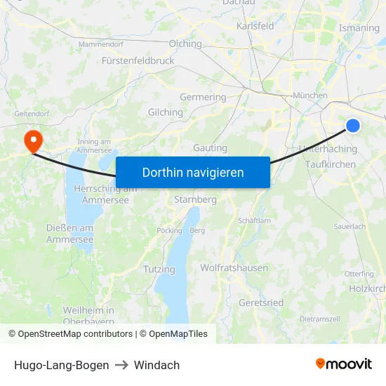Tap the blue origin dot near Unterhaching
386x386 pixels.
coord(352,126)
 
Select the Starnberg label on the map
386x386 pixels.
coord(195,199)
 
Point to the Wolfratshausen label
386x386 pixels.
coord(234,268)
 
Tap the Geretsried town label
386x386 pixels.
coord(261,302)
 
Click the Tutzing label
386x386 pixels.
coord(159,269)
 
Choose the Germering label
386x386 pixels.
coord(203,98)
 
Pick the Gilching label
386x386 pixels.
coord(166,112)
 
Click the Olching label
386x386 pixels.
coord(185,44)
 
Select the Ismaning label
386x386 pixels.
coord(359,28)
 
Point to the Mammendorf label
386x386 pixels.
coord(100,44)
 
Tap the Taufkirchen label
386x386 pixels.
coord(331,164)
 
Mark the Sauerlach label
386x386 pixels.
coord(350,227)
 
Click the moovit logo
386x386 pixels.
coord(344,364)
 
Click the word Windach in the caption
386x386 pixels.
coord(157,365)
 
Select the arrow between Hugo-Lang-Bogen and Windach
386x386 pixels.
coord(121,365)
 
